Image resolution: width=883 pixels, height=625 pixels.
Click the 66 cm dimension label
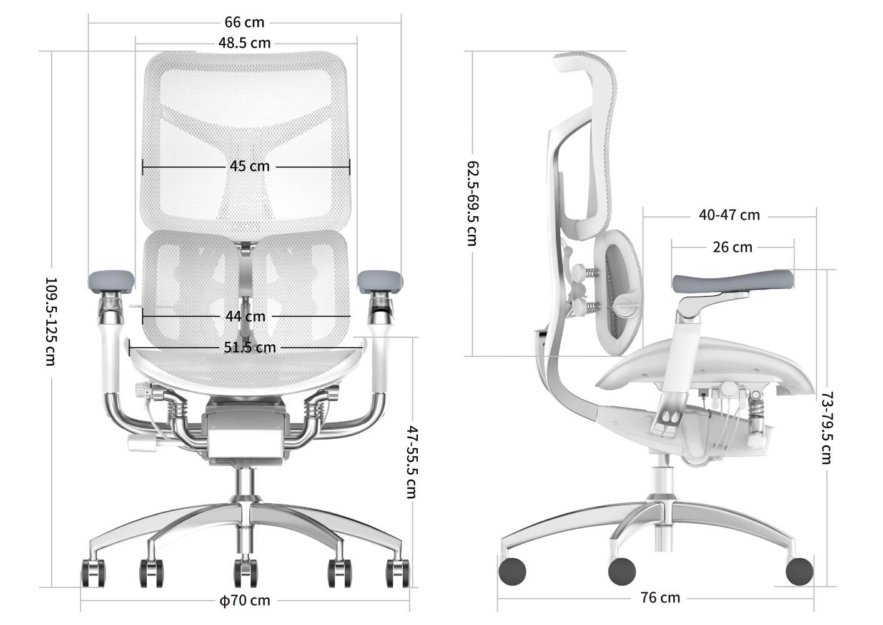[x=244, y=22]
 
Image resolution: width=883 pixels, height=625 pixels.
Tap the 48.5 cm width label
[x=244, y=43]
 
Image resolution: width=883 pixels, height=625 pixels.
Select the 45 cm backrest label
[x=249, y=166]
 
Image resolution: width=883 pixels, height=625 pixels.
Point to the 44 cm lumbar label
[x=245, y=316]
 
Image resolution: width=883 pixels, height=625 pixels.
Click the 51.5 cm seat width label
[x=249, y=347]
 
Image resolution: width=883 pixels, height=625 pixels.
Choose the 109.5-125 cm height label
[x=51, y=321]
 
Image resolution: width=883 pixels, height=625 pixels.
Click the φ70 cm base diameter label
[x=245, y=601]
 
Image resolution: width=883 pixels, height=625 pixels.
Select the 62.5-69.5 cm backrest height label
[x=473, y=203]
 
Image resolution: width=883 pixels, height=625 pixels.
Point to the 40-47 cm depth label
[x=729, y=215]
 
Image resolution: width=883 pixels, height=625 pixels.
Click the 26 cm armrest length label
[x=733, y=247]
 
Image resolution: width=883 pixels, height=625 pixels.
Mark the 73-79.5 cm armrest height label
[x=826, y=427]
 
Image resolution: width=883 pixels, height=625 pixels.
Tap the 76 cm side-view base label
[x=660, y=598]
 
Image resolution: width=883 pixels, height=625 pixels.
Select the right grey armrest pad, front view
[x=380, y=281]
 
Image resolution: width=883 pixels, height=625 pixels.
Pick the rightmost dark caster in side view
[x=799, y=571]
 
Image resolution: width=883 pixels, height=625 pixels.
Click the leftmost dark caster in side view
[x=513, y=571]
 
